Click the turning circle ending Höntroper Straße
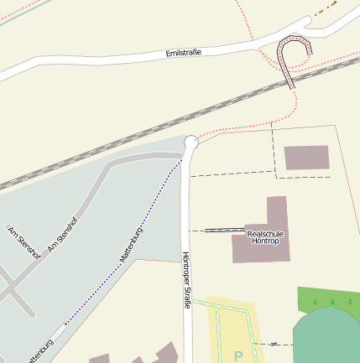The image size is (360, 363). (190, 143)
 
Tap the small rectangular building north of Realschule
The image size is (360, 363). (306, 158)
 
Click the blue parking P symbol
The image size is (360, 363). (237, 355)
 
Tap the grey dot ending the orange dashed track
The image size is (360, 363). (316, 15)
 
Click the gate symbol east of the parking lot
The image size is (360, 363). (272, 343)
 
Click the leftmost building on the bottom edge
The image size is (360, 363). (99, 359)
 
